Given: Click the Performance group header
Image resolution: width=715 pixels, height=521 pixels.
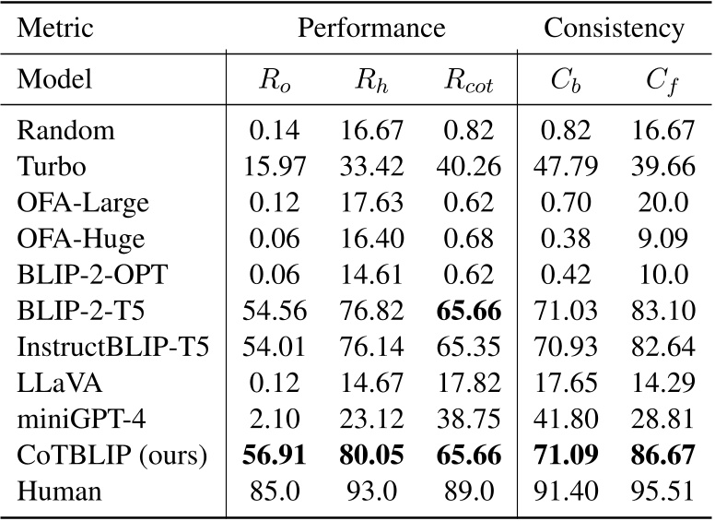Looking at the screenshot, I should (x=371, y=28).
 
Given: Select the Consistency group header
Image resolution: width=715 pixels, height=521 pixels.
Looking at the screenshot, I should (x=614, y=28).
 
